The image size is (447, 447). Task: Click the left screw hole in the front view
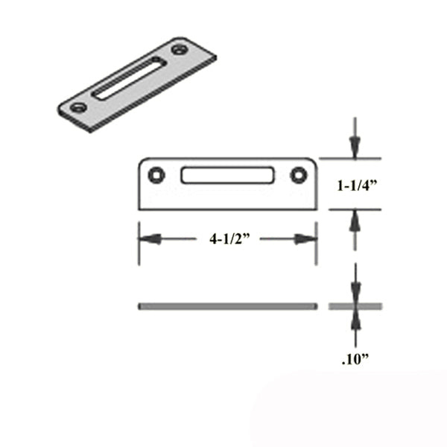click(155, 175)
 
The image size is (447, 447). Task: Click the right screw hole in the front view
click(299, 175)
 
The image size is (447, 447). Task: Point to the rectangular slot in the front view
click(226, 176)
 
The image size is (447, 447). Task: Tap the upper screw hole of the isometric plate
click(179, 51)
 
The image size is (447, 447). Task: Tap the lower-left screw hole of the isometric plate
click(75, 107)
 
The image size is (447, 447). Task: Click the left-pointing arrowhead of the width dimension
click(148, 239)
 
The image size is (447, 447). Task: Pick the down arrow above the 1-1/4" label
click(355, 148)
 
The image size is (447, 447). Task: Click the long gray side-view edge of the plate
click(227, 306)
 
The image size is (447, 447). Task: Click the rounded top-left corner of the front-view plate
click(143, 162)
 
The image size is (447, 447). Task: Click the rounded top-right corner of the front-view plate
click(312, 162)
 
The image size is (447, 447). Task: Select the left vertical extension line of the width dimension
click(139, 242)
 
